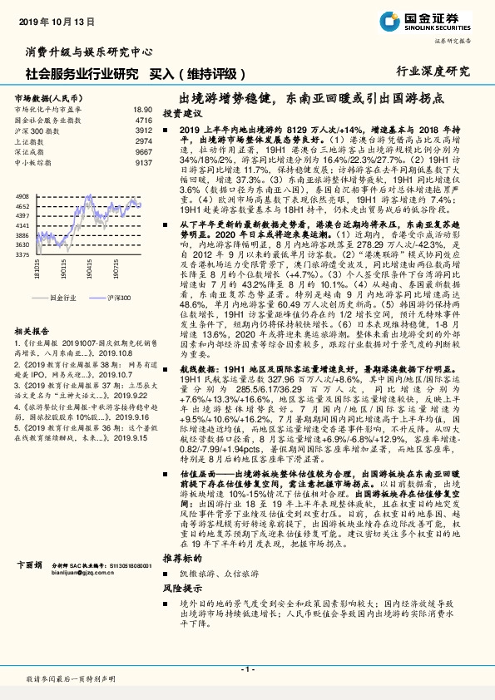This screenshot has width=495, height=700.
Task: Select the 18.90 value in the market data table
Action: pos(142,109)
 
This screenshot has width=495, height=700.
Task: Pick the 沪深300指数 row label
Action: pos(38,131)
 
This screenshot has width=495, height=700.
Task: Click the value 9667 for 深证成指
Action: pos(143,152)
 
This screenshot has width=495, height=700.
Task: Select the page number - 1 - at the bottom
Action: pos(247,668)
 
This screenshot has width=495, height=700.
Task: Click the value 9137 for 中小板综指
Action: pos(143,163)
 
